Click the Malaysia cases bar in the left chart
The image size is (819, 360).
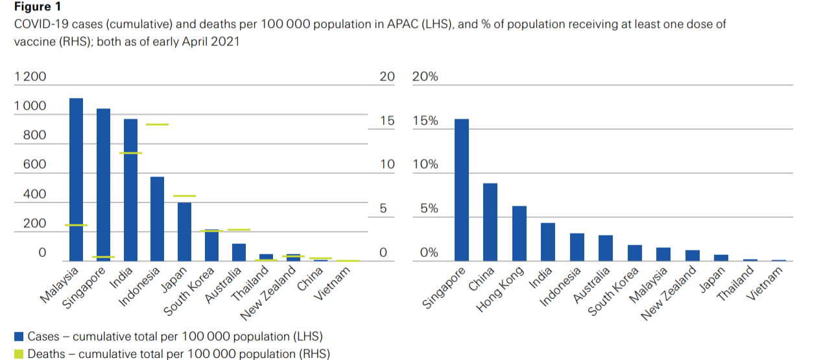coord(77,179)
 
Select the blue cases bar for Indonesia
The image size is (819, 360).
coord(158,219)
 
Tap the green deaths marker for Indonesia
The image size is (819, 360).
coord(158,124)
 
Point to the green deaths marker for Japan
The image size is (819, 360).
coord(184,196)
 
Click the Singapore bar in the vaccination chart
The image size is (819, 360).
coord(462,189)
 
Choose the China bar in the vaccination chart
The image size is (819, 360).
coord(490,222)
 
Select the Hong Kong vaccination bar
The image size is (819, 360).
coord(519,233)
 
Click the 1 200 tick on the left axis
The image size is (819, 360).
coord(30,77)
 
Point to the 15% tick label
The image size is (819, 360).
coord(425,121)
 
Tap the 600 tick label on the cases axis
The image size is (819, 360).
coord(34,165)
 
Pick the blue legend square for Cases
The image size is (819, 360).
coord(19,337)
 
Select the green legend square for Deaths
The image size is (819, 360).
coord(19,354)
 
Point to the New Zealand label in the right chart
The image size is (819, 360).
coord(668,294)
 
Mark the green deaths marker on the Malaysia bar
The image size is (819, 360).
coord(77,225)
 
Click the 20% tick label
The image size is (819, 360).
coord(425,77)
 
